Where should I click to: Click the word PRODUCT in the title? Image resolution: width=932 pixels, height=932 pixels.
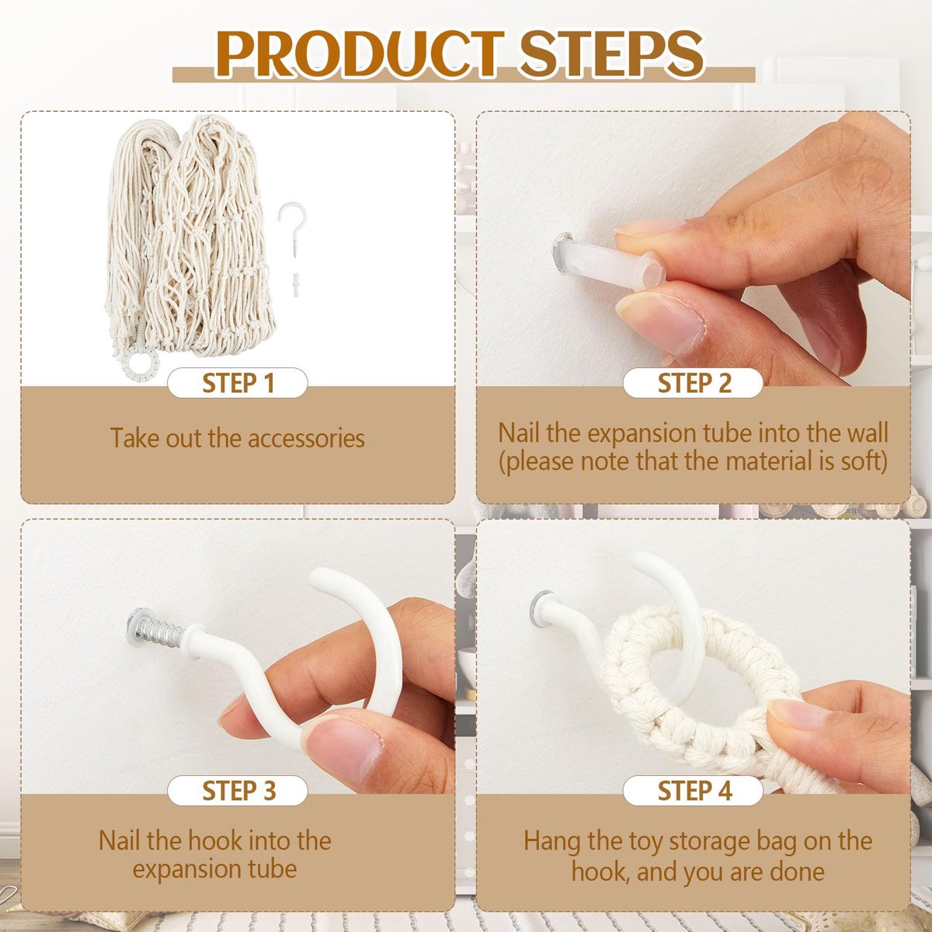click(360, 54)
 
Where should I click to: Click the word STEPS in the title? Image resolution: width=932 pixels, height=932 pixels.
click(611, 54)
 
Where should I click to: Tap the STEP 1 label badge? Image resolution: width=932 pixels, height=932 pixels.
click(238, 383)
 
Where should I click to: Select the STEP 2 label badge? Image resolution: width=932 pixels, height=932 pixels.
click(693, 383)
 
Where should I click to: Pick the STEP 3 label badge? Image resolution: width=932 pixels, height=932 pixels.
click(238, 791)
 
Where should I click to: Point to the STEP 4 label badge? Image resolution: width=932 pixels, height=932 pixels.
click(693, 791)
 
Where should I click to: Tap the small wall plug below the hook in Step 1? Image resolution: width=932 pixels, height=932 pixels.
click(294, 285)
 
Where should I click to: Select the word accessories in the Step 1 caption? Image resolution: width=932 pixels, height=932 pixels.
click(306, 438)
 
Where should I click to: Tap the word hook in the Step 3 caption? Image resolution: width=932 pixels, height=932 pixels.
click(213, 840)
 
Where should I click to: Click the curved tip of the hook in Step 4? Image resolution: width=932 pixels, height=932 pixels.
click(645, 561)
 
